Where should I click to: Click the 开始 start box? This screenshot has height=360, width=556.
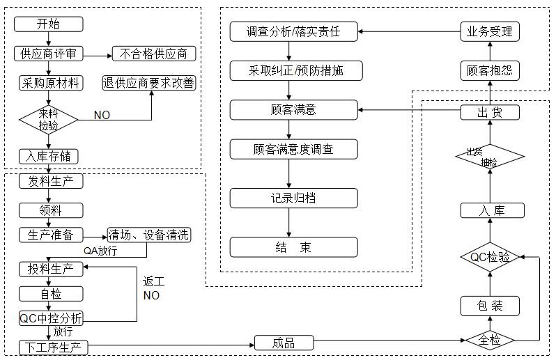click(49, 24)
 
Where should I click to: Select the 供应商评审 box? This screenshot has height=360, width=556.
click(49, 54)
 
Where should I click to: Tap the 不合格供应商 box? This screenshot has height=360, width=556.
click(154, 54)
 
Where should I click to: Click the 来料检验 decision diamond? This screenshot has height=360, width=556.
click(49, 120)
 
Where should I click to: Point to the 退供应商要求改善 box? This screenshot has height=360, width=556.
click(149, 83)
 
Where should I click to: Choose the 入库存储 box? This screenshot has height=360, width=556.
click(49, 156)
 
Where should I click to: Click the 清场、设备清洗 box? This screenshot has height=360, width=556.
click(149, 235)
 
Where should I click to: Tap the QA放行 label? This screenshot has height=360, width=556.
click(100, 251)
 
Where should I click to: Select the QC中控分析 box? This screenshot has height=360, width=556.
click(51, 318)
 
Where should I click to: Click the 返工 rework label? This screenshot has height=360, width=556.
click(153, 282)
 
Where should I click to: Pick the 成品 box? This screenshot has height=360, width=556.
click(284, 343)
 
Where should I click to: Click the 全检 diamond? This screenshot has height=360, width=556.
click(490, 341)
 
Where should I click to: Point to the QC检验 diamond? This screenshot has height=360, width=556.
click(490, 257)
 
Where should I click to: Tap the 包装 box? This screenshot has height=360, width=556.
click(490, 306)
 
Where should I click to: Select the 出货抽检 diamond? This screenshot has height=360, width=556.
click(490, 157)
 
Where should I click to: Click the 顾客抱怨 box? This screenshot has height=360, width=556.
click(490, 70)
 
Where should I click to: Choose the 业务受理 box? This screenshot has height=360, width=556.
click(490, 31)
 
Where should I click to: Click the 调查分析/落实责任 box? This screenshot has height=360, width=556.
click(293, 31)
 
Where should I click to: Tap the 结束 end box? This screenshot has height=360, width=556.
click(293, 247)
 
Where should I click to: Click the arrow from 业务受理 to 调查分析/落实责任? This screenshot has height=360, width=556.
click(409, 31)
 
